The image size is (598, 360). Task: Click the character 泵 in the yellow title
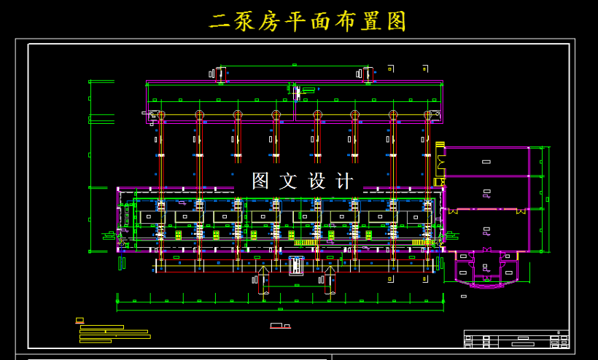[x=246, y=22]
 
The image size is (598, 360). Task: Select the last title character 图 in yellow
[x=395, y=22]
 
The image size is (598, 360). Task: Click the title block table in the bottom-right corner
[x=516, y=339]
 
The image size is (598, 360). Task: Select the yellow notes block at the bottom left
[x=114, y=334]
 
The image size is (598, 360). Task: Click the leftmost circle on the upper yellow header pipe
[x=161, y=115]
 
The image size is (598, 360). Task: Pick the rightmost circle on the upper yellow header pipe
[x=428, y=115]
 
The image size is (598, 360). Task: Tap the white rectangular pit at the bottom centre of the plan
[x=297, y=266]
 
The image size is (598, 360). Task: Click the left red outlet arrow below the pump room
[x=263, y=280]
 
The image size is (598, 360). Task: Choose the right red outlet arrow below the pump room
[x=330, y=280]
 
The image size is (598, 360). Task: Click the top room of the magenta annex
[x=486, y=161]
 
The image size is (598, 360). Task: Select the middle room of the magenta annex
[x=486, y=193]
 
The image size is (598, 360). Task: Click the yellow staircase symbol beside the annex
[x=440, y=145]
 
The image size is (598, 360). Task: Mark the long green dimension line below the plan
[x=280, y=301]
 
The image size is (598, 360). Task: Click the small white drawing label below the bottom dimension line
[x=280, y=326]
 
